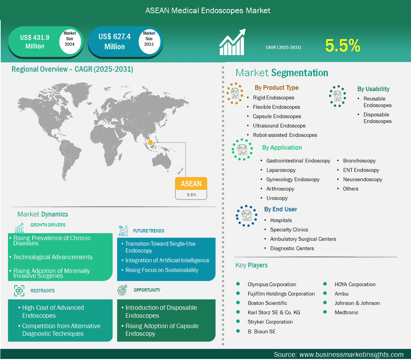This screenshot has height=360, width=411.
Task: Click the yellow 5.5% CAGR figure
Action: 343,45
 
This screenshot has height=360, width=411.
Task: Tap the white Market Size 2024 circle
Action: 70,40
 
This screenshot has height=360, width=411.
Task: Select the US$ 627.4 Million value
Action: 115,41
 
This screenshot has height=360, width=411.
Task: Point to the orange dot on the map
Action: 150,142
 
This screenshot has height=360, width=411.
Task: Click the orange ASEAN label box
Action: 191,183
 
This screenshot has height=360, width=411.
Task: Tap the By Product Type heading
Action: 277,88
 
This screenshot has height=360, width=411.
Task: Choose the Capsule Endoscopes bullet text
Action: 277,116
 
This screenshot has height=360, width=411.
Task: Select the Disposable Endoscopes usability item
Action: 377,118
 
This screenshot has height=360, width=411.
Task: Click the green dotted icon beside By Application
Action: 242,150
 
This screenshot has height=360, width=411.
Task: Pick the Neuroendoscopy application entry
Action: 362,179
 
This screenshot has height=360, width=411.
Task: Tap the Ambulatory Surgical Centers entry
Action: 303,239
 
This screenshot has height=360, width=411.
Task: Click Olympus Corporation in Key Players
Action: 272,284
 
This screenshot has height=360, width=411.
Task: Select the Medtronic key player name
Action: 346,312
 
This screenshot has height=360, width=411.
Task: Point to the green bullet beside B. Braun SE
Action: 238,331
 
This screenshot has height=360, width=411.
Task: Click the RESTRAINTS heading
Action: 43,291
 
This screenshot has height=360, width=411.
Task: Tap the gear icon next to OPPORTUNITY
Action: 122,290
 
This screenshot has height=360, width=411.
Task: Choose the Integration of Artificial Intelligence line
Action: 167,261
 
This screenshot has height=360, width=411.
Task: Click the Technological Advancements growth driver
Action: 53,257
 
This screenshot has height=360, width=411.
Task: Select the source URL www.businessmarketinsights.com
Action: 351,354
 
